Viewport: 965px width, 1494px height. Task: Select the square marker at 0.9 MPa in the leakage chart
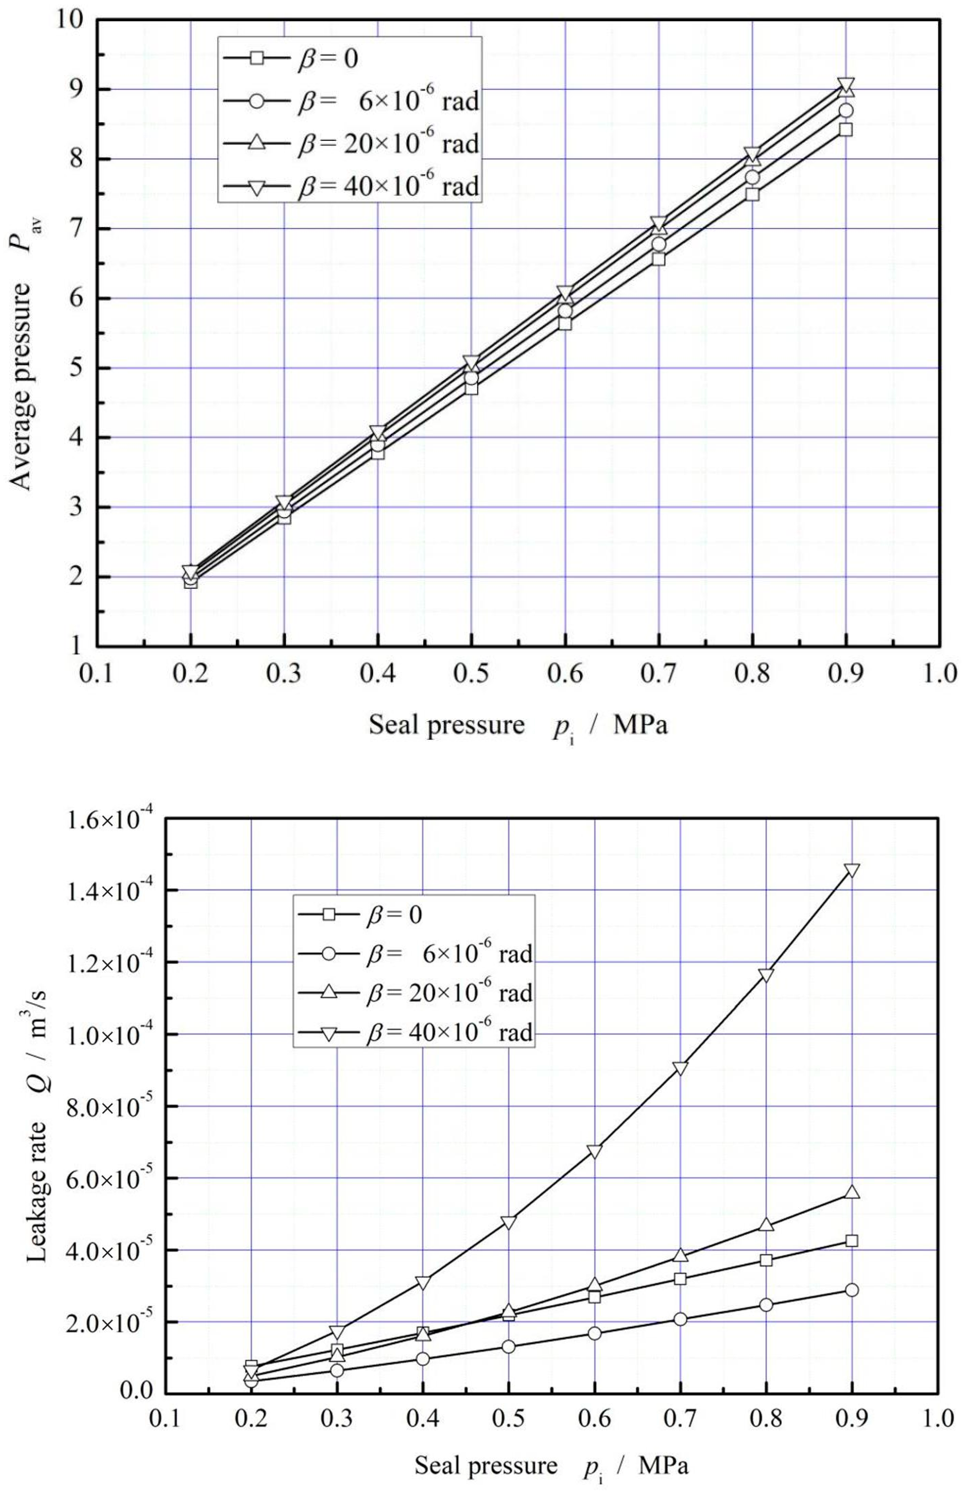click(x=852, y=1241)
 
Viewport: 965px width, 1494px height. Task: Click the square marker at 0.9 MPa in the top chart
click(x=846, y=130)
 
